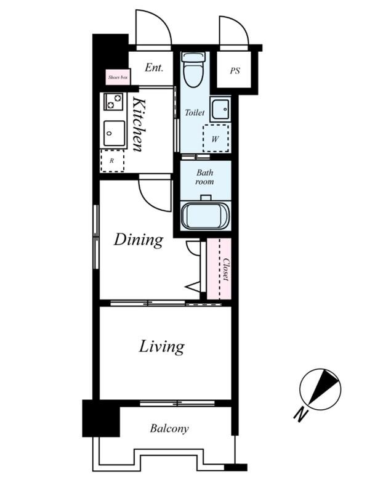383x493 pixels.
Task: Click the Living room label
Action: [x=161, y=346]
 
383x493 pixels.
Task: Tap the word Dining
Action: [x=139, y=240]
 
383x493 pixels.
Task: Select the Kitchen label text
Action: [x=139, y=124]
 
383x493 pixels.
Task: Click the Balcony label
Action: [x=169, y=428]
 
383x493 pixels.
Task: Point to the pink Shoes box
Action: [x=118, y=76]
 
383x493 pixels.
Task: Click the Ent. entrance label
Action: [x=154, y=68]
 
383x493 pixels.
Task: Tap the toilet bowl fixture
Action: [x=193, y=70]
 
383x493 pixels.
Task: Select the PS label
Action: [x=235, y=71]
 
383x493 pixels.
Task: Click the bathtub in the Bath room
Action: [x=206, y=216]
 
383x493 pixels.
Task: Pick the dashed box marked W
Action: [x=216, y=138]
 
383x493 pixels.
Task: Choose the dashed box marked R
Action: [x=112, y=161]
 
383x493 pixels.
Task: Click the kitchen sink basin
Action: [x=115, y=133]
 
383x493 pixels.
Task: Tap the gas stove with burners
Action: [x=113, y=101]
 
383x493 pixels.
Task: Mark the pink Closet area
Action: [x=219, y=269]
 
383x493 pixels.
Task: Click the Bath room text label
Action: [x=205, y=177]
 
